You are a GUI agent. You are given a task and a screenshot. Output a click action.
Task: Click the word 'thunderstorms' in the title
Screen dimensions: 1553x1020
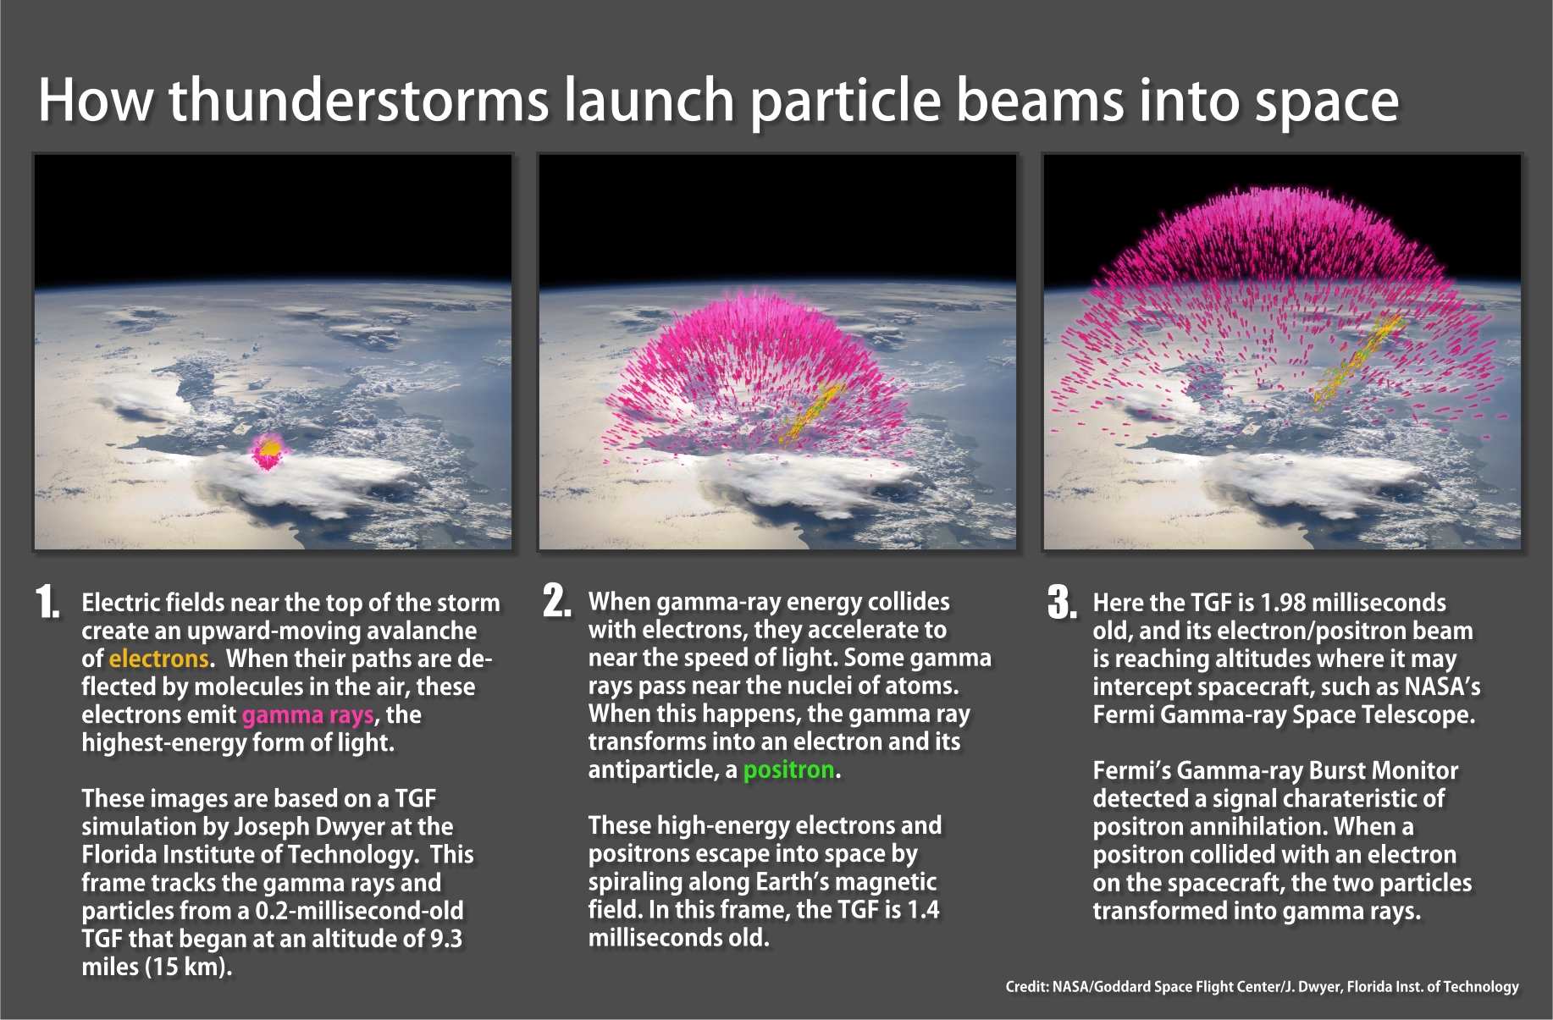[359, 100]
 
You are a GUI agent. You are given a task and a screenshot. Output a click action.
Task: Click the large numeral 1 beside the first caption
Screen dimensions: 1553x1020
[47, 602]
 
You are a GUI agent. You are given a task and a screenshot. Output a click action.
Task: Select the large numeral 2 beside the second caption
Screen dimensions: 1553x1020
[555, 601]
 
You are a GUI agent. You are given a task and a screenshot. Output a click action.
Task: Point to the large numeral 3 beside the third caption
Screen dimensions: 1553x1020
[1062, 602]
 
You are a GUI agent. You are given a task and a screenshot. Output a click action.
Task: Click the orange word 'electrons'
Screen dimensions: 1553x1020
[158, 659]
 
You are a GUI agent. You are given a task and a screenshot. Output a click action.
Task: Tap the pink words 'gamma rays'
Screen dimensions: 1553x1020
[307, 715]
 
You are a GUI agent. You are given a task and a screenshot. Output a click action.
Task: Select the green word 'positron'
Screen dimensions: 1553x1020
[789, 770]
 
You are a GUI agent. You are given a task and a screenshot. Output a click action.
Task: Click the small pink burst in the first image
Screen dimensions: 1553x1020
[268, 452]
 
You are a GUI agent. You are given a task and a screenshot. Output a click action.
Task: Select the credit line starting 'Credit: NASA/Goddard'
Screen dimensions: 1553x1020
[1262, 986]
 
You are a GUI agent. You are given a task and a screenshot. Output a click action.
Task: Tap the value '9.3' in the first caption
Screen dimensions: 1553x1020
[446, 939]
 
